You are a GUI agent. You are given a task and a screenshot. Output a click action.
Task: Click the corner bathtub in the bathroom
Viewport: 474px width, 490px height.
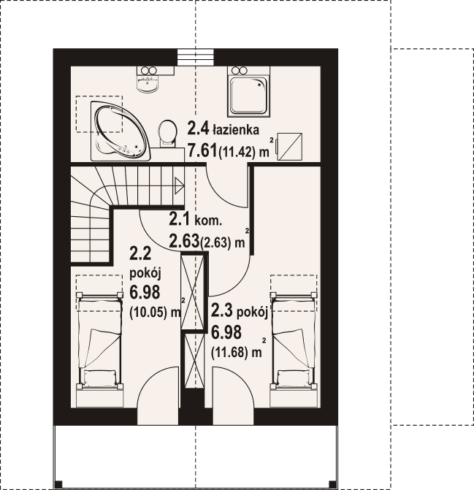[121, 131]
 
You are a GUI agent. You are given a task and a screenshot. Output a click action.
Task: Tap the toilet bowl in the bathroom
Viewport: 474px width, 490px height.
[167, 134]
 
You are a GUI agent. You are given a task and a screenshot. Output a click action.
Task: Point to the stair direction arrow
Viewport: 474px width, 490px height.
[179, 185]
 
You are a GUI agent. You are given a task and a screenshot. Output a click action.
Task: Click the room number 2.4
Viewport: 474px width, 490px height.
[198, 128]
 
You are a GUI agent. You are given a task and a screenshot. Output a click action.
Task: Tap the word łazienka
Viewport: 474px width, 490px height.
[236, 129]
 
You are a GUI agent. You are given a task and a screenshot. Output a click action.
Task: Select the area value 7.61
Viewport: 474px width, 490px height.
[202, 151]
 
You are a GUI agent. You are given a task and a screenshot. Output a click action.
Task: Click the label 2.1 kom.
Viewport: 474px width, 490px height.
[196, 219]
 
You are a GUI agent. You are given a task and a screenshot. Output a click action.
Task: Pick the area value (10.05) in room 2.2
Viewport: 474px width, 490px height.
[150, 312]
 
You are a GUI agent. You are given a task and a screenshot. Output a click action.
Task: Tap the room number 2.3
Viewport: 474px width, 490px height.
[222, 310]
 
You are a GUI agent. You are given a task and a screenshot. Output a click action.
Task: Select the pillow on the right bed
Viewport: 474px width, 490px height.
[294, 376]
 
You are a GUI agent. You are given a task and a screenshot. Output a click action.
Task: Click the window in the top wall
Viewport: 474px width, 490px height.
[196, 57]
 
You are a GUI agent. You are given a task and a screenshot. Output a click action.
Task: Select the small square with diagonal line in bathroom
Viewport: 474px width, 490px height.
[290, 147]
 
